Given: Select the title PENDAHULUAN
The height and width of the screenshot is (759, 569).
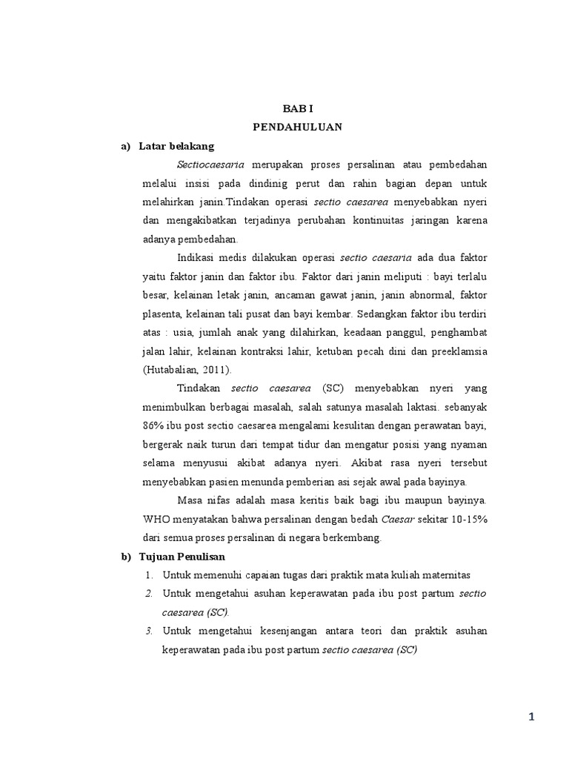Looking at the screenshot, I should coord(297,127).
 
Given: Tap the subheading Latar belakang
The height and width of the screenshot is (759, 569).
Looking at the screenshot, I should coord(176,146).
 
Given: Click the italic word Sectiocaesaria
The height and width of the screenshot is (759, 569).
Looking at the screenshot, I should coord(210,165).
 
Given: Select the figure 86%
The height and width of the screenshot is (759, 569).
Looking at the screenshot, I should coord(156,425).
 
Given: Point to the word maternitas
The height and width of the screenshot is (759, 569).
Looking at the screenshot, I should coord(445,575).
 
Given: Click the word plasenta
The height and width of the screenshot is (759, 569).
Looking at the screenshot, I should coord(163,314).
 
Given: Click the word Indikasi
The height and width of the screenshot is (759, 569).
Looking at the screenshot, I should coord(199,257).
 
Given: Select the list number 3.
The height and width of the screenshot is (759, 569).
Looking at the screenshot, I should coord(149,631).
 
